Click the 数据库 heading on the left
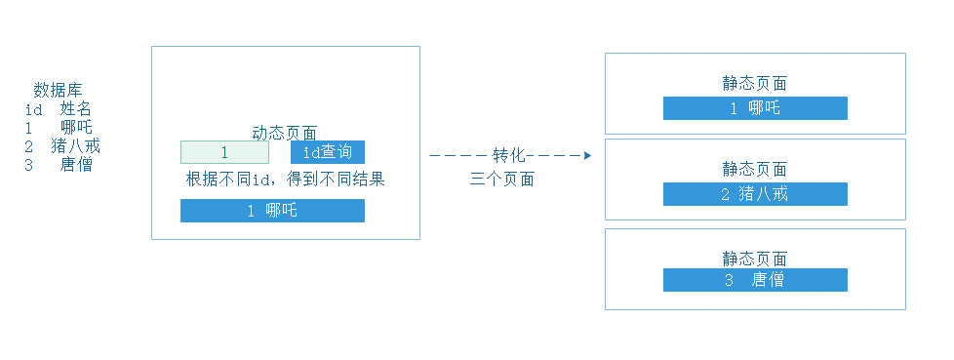(x=58, y=91)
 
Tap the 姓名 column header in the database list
(x=75, y=109)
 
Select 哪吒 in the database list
(x=75, y=128)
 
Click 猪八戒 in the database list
(x=76, y=146)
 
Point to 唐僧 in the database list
(x=76, y=165)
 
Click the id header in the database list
(x=33, y=109)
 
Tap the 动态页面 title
(x=284, y=134)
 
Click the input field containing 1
(x=224, y=152)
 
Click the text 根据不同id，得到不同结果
(x=286, y=180)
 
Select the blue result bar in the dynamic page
(x=272, y=210)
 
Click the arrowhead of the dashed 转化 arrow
(x=587, y=155)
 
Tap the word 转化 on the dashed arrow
(x=508, y=155)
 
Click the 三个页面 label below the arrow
(x=501, y=180)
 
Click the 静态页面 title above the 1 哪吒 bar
(x=755, y=84)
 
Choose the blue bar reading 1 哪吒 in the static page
(x=755, y=108)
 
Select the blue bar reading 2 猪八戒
(x=755, y=193)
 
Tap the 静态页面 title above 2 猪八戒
(x=755, y=169)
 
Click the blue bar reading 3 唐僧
(x=755, y=280)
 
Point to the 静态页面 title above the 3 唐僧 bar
(x=755, y=259)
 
